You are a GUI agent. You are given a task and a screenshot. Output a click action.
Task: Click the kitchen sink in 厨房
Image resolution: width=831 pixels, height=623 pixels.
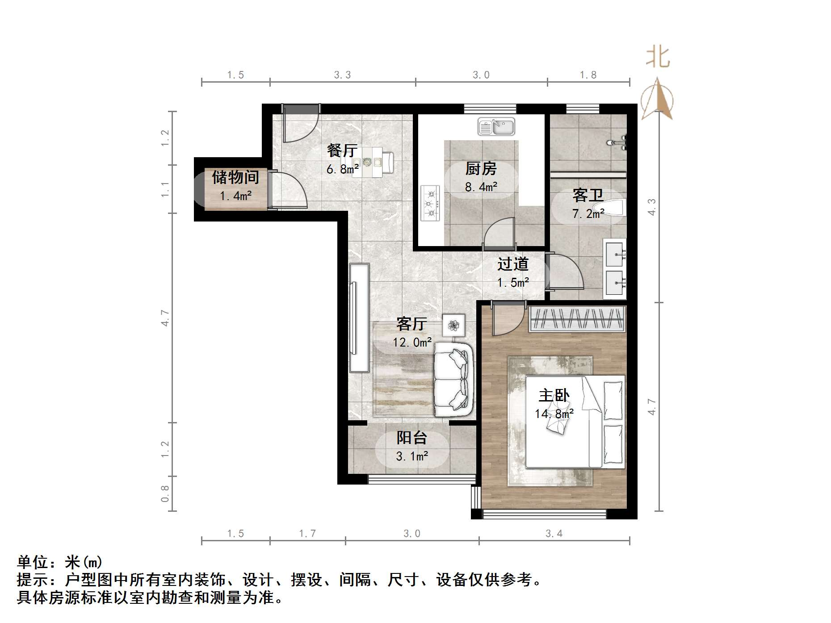[x=496, y=127]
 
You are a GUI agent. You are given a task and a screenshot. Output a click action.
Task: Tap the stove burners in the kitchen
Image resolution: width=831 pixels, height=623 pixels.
[x=431, y=204]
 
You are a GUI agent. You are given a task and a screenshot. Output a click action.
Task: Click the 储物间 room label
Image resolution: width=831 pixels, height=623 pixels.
[x=235, y=177]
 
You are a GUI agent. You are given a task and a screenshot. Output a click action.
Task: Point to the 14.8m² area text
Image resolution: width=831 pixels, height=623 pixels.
[x=554, y=414]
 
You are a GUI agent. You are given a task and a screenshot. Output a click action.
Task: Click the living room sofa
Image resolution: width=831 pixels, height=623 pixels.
[x=453, y=380]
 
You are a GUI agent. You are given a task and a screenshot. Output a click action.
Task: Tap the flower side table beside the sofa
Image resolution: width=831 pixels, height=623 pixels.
[x=454, y=325]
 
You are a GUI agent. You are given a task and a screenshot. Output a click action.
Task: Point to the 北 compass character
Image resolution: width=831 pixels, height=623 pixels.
[x=658, y=58]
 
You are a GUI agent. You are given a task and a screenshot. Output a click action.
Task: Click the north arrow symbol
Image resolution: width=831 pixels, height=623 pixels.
[x=657, y=99]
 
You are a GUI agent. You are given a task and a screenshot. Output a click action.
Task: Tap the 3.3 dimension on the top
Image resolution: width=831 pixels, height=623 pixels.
[x=342, y=75]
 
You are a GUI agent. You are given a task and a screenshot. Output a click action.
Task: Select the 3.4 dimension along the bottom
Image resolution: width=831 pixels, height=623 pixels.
[x=554, y=534]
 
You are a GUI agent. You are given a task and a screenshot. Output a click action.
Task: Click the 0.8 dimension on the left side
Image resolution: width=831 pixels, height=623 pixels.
[x=165, y=493]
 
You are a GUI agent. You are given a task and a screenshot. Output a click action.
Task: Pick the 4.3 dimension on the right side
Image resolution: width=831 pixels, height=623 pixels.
[x=652, y=207]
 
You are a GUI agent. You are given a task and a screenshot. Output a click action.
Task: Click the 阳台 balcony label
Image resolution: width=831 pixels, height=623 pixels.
[x=412, y=438]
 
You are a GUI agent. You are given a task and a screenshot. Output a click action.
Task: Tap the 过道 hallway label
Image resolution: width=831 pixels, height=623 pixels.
[x=513, y=264]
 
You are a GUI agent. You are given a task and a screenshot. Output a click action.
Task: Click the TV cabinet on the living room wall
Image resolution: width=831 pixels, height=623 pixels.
[x=359, y=318]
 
